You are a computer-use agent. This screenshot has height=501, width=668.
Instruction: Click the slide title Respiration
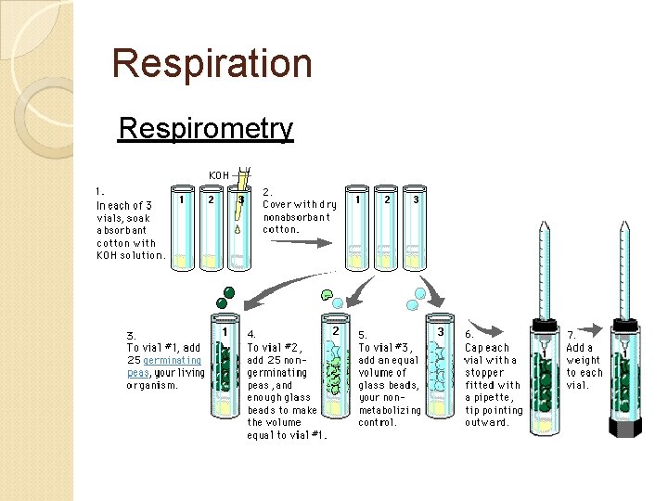click(x=212, y=64)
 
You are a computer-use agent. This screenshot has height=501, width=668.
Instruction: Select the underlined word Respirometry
click(x=205, y=128)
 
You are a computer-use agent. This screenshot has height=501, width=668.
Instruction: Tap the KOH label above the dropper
click(x=219, y=174)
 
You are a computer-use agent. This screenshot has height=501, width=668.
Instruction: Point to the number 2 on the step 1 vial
click(x=212, y=198)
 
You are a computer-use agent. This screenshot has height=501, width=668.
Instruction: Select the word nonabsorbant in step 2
click(x=294, y=216)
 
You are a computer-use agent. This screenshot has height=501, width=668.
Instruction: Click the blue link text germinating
click(x=172, y=360)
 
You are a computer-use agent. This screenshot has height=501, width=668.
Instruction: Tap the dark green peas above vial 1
click(x=225, y=298)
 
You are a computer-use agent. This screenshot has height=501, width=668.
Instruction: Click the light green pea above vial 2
click(x=328, y=295)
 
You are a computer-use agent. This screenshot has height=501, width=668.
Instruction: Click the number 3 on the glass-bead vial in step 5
click(x=441, y=331)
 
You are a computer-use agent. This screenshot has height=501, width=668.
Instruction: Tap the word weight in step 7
click(x=584, y=360)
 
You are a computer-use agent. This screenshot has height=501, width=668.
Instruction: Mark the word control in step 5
click(x=379, y=422)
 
